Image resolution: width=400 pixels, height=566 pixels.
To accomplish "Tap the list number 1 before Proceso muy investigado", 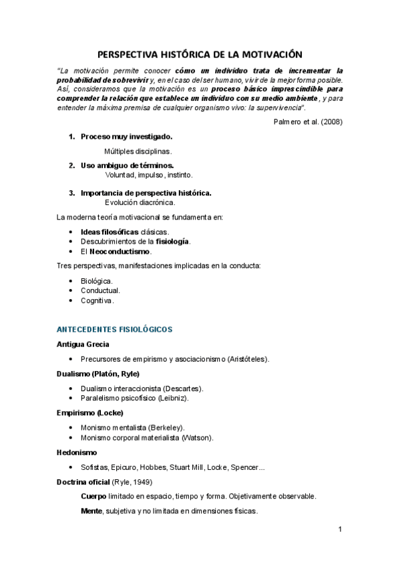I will pos(71,137).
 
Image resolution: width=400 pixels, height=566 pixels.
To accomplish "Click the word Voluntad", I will pos(121,175).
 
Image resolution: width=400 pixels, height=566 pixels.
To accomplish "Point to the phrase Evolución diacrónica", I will pos(140,202).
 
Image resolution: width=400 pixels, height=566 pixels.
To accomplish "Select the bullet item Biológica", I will pos(96,281).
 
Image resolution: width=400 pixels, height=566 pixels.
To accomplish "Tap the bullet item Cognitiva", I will pos(97,301).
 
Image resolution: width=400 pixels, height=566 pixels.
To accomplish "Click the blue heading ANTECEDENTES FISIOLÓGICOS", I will pos(115,330).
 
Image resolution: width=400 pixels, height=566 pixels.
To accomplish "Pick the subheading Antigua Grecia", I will pos(83,344).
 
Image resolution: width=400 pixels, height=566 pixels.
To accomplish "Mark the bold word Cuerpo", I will pos(93,497).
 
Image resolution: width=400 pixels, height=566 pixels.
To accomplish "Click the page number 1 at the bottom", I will pos(340,530).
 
